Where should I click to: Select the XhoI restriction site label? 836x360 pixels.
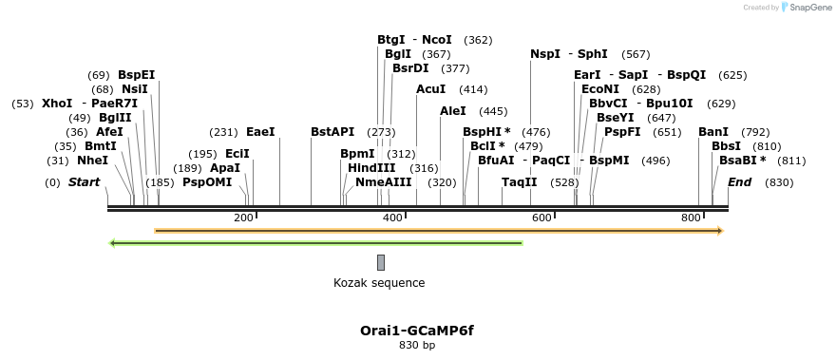(x=57, y=103)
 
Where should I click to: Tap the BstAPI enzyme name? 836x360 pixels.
(x=332, y=132)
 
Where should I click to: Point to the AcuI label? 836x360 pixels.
(x=430, y=89)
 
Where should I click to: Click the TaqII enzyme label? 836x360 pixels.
(x=519, y=181)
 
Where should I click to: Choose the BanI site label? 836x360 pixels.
(x=713, y=132)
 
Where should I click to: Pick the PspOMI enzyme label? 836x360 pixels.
(x=207, y=181)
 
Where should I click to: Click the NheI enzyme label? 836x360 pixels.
(x=92, y=161)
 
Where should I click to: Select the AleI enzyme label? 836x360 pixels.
(x=453, y=111)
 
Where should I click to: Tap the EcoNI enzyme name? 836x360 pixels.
(x=600, y=89)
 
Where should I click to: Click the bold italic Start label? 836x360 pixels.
(x=84, y=181)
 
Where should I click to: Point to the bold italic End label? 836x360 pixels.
(x=741, y=181)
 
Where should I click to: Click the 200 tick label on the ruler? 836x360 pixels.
(x=243, y=218)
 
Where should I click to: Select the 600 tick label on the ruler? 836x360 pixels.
(x=541, y=218)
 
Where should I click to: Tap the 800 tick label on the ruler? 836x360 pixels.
(x=691, y=218)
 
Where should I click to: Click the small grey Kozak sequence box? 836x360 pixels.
(x=381, y=262)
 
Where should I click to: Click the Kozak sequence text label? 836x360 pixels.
(x=379, y=283)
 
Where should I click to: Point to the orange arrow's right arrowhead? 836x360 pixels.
(x=720, y=230)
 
